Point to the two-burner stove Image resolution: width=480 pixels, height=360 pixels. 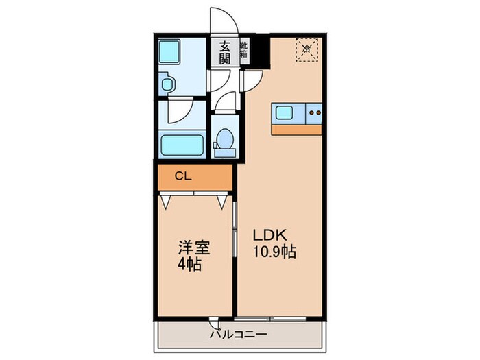315,112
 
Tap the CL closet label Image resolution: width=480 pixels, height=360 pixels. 182,177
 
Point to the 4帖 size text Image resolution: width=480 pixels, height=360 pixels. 190,264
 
